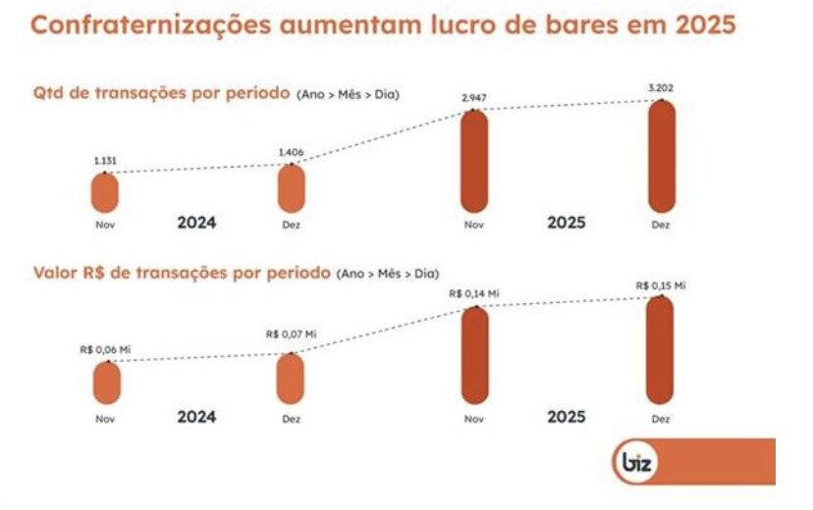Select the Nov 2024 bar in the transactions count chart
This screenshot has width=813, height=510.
tap(105, 192)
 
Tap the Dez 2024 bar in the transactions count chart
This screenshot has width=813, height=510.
tap(291, 189)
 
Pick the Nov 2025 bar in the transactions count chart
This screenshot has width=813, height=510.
tap(475, 162)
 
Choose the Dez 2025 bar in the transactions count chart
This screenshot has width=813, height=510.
tap(661, 157)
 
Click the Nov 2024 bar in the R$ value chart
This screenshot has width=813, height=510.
tap(105, 383)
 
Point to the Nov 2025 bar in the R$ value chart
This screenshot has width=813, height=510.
tap(475, 355)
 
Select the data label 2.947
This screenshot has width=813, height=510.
tap(475, 99)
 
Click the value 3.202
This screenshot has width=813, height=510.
tap(661, 89)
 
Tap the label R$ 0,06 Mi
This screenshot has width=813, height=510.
tap(105, 348)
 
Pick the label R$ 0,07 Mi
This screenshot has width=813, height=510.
tap(291, 334)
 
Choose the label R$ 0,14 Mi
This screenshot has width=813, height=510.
tap(474, 293)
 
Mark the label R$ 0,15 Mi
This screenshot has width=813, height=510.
tap(660, 285)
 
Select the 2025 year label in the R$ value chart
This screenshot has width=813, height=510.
tap(566, 416)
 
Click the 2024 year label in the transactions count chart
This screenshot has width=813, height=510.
tap(196, 223)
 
